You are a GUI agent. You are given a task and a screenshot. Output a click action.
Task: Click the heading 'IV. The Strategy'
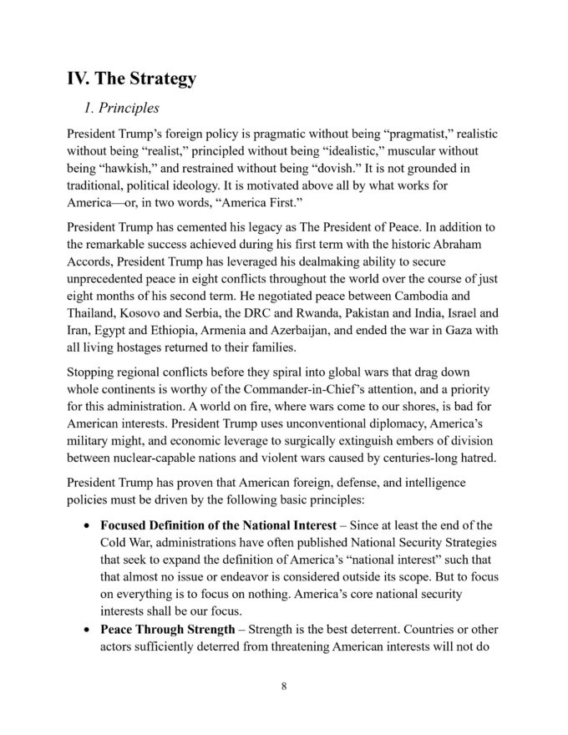(132, 79)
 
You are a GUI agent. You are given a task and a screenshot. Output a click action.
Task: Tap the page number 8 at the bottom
(284, 687)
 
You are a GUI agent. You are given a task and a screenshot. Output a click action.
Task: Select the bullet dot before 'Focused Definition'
(89, 526)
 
